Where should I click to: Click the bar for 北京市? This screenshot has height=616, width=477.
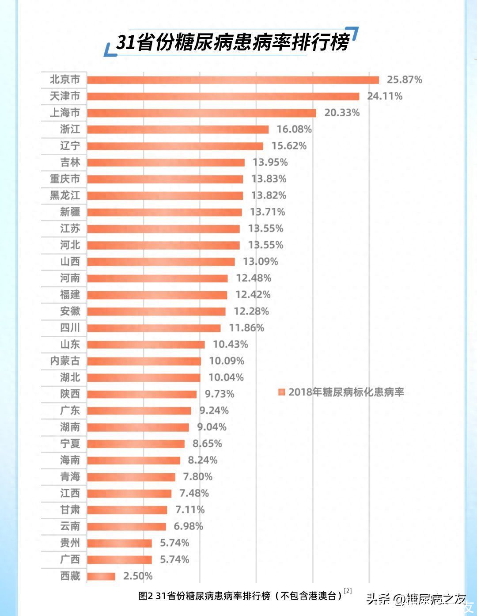(x=233, y=80)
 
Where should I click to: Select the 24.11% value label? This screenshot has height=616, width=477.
(x=384, y=96)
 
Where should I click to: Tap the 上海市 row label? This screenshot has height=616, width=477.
(x=65, y=113)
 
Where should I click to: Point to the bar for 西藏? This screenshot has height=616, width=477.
(x=101, y=576)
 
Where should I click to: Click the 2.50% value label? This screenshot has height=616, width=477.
(x=138, y=576)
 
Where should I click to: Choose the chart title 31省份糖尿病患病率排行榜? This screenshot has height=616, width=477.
(x=232, y=43)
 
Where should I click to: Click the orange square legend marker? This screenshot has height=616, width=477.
(x=282, y=392)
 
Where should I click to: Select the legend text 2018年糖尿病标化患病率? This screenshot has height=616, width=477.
(x=346, y=392)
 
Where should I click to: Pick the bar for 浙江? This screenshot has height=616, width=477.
(x=178, y=129)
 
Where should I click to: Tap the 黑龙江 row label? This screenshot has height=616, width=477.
(x=65, y=195)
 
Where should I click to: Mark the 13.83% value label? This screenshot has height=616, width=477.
(x=269, y=179)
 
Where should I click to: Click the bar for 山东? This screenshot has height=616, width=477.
(x=146, y=345)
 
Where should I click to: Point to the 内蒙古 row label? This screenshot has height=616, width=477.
(x=65, y=361)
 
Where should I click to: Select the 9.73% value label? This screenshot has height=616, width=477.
(x=220, y=394)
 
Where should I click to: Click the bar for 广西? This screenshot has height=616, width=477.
(x=119, y=560)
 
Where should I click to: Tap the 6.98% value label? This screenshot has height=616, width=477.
(x=188, y=527)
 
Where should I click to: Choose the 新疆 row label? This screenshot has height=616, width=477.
(x=70, y=212)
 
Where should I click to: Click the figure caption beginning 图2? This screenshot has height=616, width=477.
(x=241, y=596)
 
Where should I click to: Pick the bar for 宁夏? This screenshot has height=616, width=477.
(x=136, y=444)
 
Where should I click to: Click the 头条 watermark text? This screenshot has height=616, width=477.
(x=379, y=600)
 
